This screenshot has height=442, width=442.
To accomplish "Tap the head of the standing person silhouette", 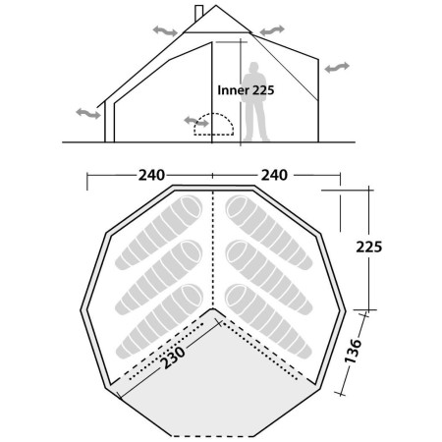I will [256, 69].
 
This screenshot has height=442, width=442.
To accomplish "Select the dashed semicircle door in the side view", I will [215, 125].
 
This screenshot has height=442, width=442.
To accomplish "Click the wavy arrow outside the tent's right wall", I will [337, 67].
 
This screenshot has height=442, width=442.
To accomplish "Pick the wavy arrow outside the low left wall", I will [87, 114].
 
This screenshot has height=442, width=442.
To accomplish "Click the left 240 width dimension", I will [150, 176].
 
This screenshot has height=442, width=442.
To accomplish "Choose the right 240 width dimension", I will [275, 176].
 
